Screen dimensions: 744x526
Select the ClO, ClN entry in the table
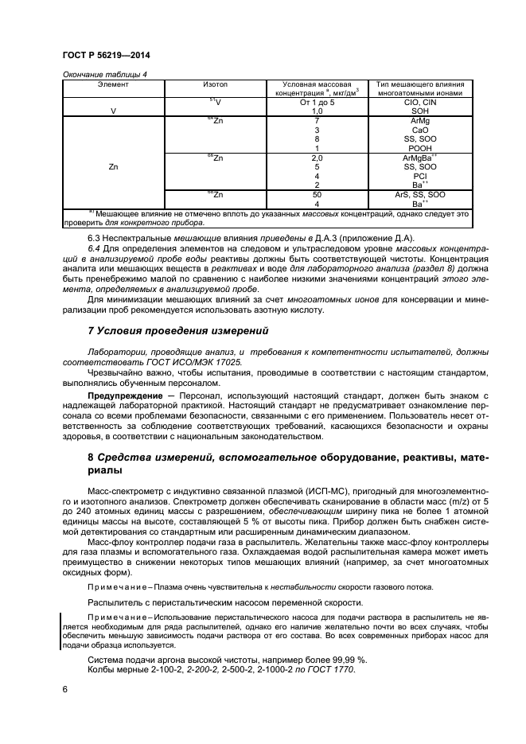click(x=419, y=103)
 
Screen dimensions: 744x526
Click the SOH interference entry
click(x=419, y=111)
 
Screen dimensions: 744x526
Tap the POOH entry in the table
click(x=419, y=148)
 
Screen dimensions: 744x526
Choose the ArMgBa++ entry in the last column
click(x=419, y=158)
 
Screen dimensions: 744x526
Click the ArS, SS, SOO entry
click(x=419, y=194)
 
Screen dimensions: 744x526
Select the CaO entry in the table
click(x=419, y=130)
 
